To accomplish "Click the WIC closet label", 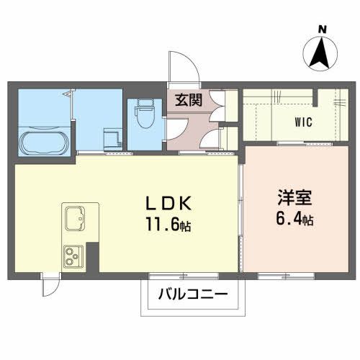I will tap(302, 122).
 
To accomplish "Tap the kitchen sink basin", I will tap(75, 217).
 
